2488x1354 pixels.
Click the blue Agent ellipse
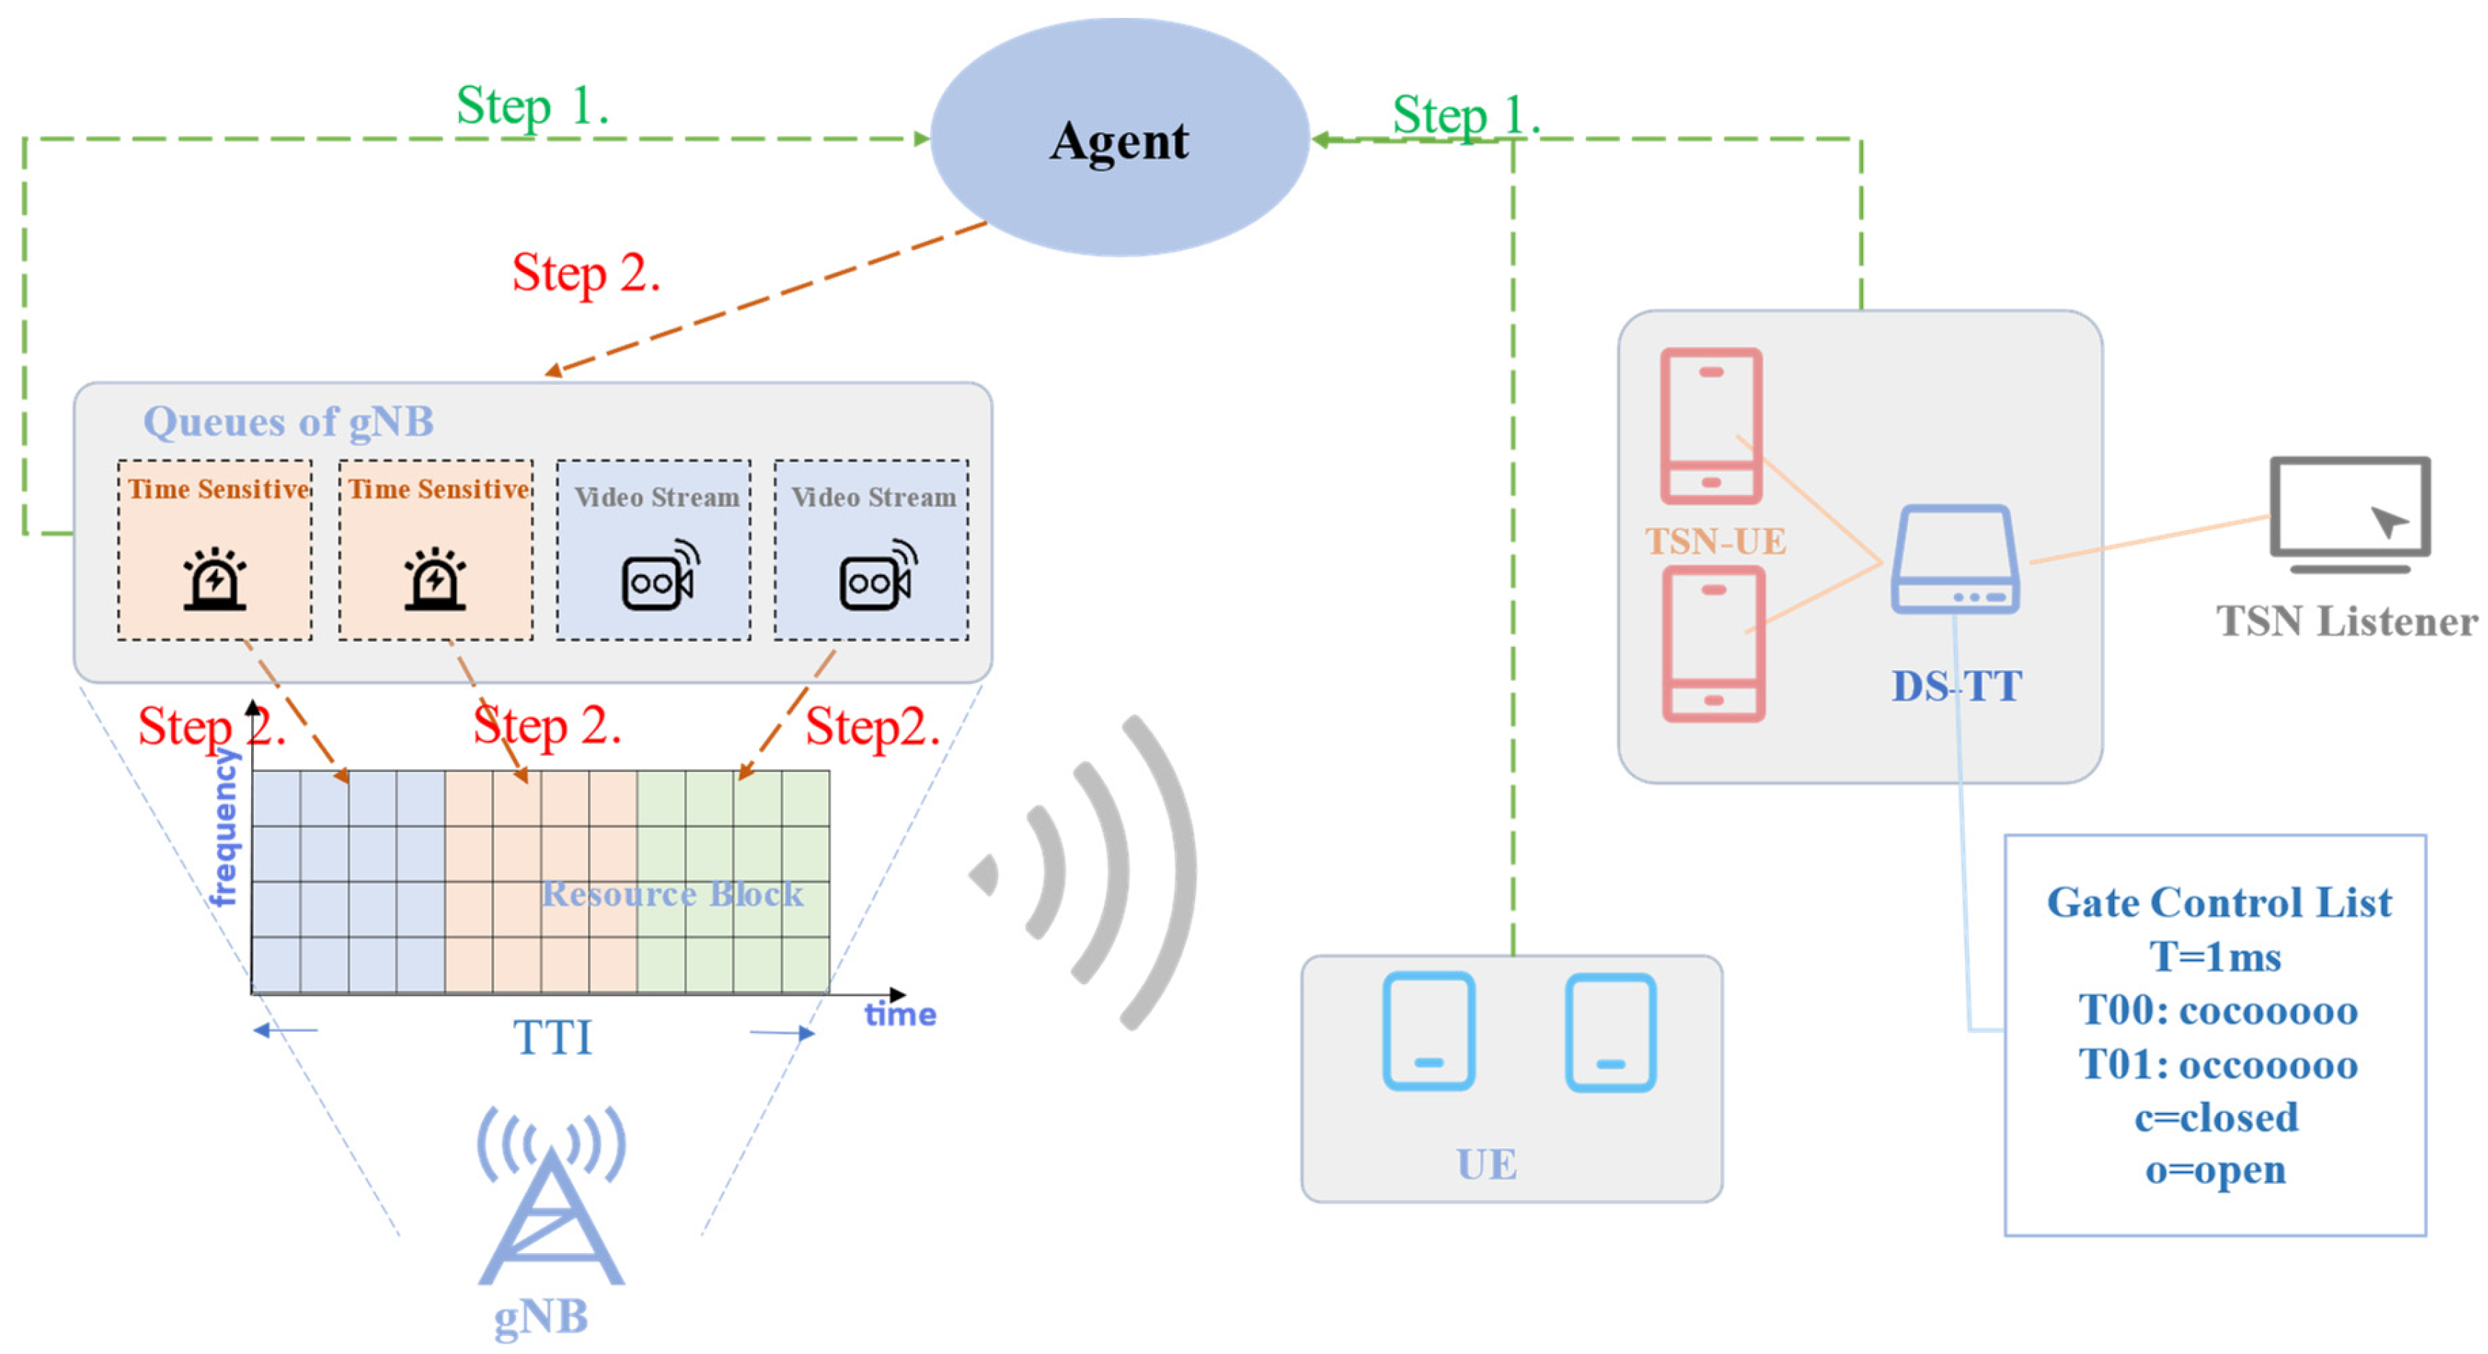[1118, 138]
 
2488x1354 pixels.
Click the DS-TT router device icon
[1955, 560]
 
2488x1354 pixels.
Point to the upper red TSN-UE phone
[1710, 426]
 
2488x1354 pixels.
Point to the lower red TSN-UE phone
[1714, 643]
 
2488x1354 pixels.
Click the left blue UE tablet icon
[1429, 1032]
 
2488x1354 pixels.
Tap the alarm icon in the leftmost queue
[214, 579]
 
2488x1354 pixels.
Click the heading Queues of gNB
[288, 422]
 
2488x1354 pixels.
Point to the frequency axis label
[224, 829]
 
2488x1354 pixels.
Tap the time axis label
[899, 1015]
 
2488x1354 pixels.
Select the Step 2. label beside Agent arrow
[585, 273]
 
